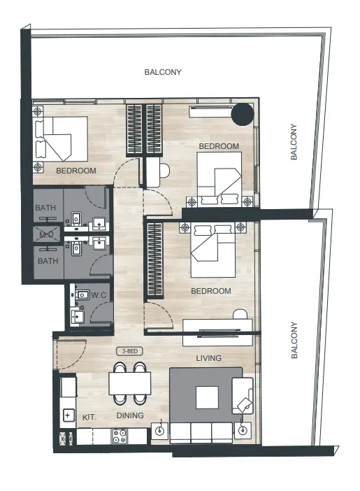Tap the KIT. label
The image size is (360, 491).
89,416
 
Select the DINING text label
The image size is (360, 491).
130,416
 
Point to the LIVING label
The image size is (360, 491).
208,358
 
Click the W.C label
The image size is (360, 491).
98,295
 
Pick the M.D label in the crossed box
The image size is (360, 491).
48,234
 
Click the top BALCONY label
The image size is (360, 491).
163,72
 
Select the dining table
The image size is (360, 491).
129,383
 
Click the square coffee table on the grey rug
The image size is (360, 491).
207,397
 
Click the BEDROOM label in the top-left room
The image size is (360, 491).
76,170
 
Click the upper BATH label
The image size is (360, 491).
48,208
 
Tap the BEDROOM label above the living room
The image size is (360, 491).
210,291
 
